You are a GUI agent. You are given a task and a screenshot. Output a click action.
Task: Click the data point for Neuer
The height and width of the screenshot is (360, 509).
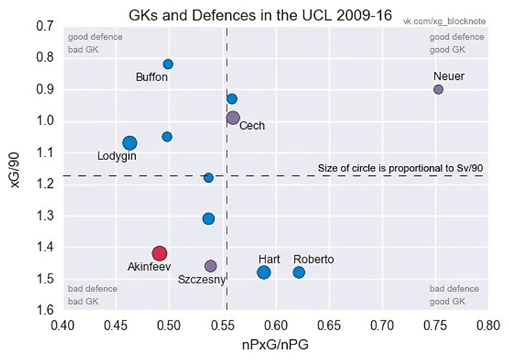point(439,89)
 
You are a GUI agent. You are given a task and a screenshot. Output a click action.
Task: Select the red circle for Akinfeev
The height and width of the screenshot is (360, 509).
point(159,253)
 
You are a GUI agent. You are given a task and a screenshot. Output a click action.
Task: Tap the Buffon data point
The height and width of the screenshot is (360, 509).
point(168,64)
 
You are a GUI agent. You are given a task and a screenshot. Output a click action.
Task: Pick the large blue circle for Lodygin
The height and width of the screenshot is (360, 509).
point(130,143)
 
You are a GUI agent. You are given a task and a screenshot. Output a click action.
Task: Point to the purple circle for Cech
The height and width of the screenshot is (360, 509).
point(233,118)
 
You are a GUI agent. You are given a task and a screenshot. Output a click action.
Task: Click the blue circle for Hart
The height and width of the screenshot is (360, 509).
point(264,272)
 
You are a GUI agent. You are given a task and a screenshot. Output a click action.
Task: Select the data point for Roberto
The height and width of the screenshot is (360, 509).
point(298,272)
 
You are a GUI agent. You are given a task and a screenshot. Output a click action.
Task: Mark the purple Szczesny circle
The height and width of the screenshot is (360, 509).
point(211,266)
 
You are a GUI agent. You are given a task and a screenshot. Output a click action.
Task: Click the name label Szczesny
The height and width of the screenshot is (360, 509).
point(202,280)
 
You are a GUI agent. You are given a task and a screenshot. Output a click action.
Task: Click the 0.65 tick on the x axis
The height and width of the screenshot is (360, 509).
point(382,324)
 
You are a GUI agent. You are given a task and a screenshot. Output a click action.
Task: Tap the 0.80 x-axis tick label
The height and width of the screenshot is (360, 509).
point(488,324)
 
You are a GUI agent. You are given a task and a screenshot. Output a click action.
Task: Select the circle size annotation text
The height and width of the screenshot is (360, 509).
point(400,167)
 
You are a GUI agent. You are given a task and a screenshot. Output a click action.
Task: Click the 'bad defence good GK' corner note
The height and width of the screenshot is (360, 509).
point(454,295)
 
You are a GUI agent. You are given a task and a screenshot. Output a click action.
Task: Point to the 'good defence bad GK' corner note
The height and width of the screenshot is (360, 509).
point(94,43)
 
